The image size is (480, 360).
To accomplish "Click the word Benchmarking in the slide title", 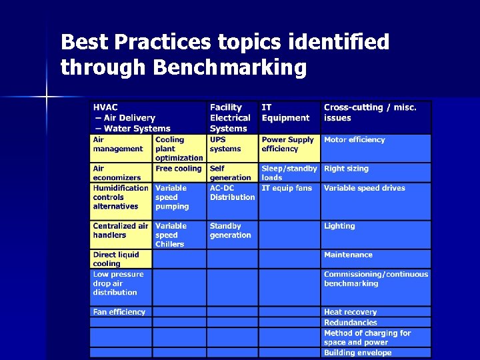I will [x=229, y=67].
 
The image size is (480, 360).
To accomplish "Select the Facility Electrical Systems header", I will [x=230, y=117].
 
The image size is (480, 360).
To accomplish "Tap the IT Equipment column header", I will [x=285, y=113].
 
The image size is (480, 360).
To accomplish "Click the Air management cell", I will [x=118, y=144].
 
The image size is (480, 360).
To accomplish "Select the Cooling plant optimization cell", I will [x=179, y=149].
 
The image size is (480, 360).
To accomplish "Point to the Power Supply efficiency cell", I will [x=287, y=144].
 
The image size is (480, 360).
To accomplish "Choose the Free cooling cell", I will [x=178, y=169].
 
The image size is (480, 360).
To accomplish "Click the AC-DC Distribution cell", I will [x=232, y=193].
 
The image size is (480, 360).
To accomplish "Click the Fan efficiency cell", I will [x=119, y=311].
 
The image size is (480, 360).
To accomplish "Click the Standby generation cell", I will [x=231, y=231].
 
